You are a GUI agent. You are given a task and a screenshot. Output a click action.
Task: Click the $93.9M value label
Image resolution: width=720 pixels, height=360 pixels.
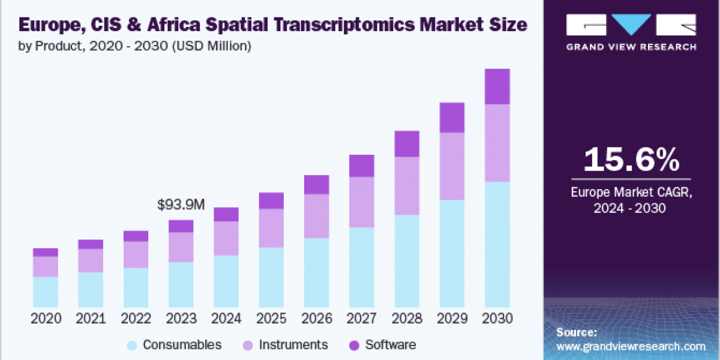click(181, 205)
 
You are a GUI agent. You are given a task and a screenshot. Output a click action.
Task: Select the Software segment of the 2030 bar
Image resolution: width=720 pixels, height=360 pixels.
click(497, 86)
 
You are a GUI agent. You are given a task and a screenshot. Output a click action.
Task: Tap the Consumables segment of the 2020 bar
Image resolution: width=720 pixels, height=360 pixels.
click(46, 292)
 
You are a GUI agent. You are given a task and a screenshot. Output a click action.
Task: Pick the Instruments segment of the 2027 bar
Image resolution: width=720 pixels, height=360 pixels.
click(361, 202)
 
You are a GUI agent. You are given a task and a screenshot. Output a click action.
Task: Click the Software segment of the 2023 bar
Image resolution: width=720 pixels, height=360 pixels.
click(181, 226)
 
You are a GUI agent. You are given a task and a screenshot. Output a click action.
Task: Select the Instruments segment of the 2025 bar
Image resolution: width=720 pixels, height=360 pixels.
click(271, 228)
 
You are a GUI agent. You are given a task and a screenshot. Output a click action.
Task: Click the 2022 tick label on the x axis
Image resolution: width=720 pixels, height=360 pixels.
click(136, 319)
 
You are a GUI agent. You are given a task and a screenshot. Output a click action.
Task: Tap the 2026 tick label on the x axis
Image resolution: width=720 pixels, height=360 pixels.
click(316, 319)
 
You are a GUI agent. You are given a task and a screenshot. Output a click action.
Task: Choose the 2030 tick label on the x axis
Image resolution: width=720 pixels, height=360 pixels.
click(497, 319)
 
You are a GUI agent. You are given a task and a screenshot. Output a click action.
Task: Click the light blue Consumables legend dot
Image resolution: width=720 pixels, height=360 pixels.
click(133, 345)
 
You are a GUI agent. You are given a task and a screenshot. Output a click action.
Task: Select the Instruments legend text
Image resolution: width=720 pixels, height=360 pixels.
click(293, 345)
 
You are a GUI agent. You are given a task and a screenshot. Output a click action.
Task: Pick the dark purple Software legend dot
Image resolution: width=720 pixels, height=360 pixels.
click(354, 345)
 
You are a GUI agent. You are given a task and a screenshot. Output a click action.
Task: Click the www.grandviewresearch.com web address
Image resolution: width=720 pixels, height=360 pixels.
click(631, 346)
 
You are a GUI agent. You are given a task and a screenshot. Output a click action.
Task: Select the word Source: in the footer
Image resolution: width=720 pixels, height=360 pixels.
click(576, 332)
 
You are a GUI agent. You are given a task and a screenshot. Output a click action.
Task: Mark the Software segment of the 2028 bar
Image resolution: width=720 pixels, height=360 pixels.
click(407, 144)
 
